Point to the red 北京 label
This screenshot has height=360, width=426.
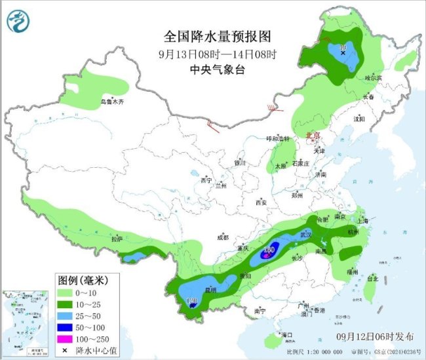click(313, 135)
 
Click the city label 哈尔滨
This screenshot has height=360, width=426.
click(373, 77)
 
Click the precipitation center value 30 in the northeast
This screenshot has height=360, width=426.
click(342, 47)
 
